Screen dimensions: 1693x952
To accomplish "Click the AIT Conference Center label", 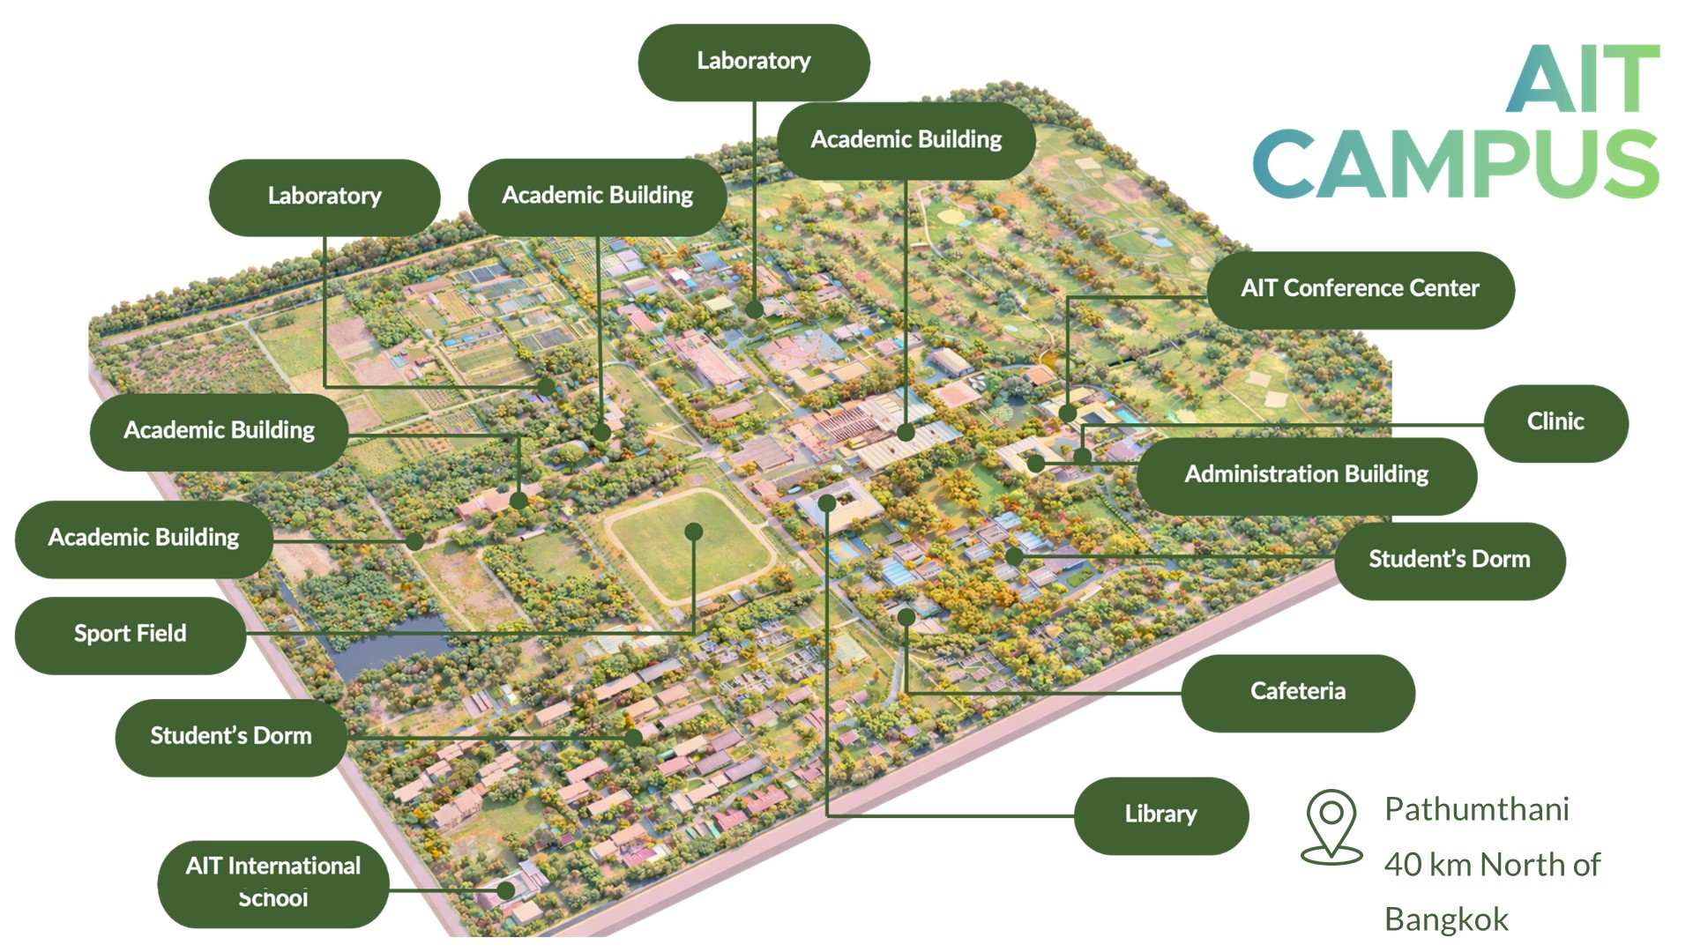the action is tap(1360, 289).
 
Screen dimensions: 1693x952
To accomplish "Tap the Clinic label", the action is tap(1555, 422).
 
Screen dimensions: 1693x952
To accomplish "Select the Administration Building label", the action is tap(1306, 475).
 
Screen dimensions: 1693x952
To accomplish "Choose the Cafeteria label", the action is tap(1297, 692).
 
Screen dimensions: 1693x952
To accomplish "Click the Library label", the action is tap(1160, 814).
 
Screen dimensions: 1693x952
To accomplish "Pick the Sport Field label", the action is tap(130, 635).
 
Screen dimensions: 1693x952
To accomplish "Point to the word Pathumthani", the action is tap(1476, 809).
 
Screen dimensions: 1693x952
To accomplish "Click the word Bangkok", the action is tap(1446, 919).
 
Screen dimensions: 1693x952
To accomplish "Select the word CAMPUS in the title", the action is tap(1455, 165).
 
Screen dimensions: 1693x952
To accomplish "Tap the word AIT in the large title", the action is tap(1583, 79).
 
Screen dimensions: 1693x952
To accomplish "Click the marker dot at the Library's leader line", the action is tap(826, 503).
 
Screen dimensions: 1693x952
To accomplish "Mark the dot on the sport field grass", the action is tap(694, 532).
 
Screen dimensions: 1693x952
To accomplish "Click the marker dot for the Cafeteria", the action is tap(906, 617).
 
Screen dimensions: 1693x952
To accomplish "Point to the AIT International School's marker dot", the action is tap(506, 890).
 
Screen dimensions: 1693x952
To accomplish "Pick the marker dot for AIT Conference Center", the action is tap(1068, 413).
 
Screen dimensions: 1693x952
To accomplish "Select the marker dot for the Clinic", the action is tap(1083, 456).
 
